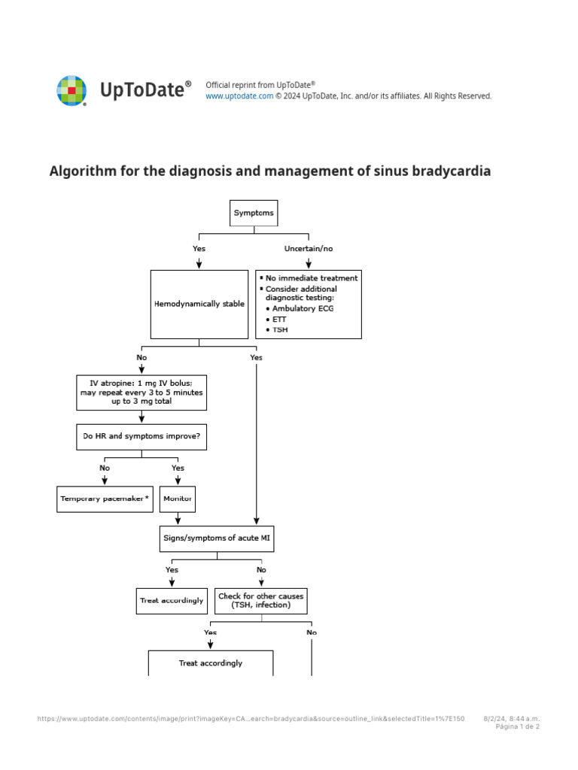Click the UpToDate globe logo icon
coord(71,91)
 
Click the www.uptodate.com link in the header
coord(239,96)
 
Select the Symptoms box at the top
coord(254,213)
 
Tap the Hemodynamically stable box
coord(199,305)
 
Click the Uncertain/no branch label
coord(309,249)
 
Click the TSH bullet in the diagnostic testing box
coord(279,329)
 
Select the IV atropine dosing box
coord(141,393)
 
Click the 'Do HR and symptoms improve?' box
coord(141,436)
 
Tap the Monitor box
coord(178,499)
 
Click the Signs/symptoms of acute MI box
coord(218,538)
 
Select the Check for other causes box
coord(261,601)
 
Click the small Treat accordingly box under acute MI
coord(172,601)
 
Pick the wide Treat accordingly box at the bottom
coord(211,663)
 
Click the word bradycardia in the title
coord(450,171)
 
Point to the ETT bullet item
coord(279,319)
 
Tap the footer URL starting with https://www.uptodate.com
coord(251,719)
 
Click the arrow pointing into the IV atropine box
coord(141,368)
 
